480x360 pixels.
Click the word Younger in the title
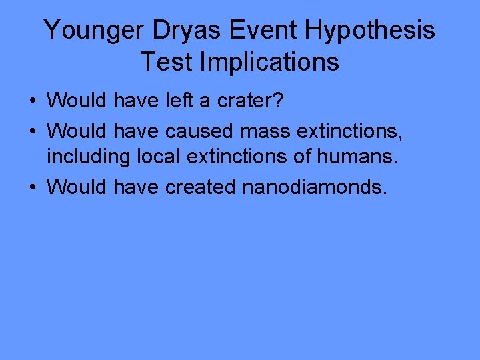pos(88,30)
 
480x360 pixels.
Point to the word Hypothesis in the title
pos(360,30)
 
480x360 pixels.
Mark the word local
pos(156,158)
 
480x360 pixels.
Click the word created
pos(201,187)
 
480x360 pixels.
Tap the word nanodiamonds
pos(314,187)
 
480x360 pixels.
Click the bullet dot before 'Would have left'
pos(32,101)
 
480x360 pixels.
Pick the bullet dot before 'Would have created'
pos(32,187)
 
